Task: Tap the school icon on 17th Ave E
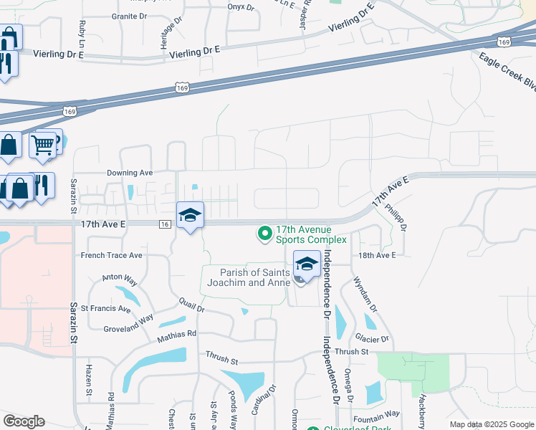click(x=190, y=215)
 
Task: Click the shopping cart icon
click(x=43, y=145)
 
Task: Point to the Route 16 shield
click(x=165, y=225)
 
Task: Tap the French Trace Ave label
click(x=111, y=255)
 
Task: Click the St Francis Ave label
click(x=105, y=309)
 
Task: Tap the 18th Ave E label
click(x=376, y=254)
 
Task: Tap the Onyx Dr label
click(x=241, y=7)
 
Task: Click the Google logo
click(x=24, y=421)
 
